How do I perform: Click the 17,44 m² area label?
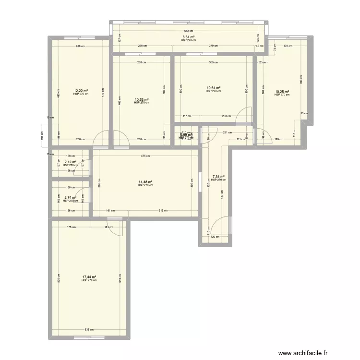89,277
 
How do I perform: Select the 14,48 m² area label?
145,182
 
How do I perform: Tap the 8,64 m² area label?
188,37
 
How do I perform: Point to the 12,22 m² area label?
81,91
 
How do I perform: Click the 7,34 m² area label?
218,177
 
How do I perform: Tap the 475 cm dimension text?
145,156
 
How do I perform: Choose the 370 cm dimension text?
213,46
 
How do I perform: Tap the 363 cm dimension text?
301,79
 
